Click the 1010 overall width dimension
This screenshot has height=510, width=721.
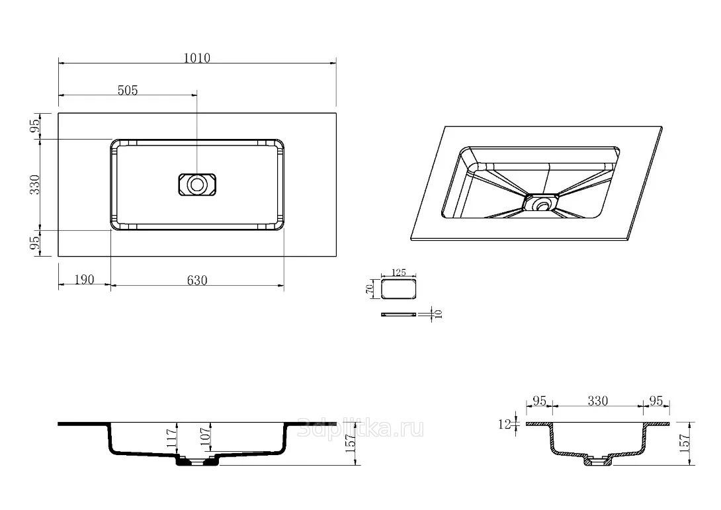pos(197,58)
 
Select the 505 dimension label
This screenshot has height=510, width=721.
pos(128,90)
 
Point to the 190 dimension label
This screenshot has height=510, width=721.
pos(84,279)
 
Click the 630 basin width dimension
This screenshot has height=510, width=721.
pos(197,280)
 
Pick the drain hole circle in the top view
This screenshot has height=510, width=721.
pos(197,185)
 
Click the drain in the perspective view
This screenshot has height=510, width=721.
pos(543,202)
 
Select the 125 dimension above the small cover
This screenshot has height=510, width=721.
pos(399,273)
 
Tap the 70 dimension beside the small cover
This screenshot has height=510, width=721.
pos(370,290)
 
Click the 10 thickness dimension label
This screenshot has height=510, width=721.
pos(438,314)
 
